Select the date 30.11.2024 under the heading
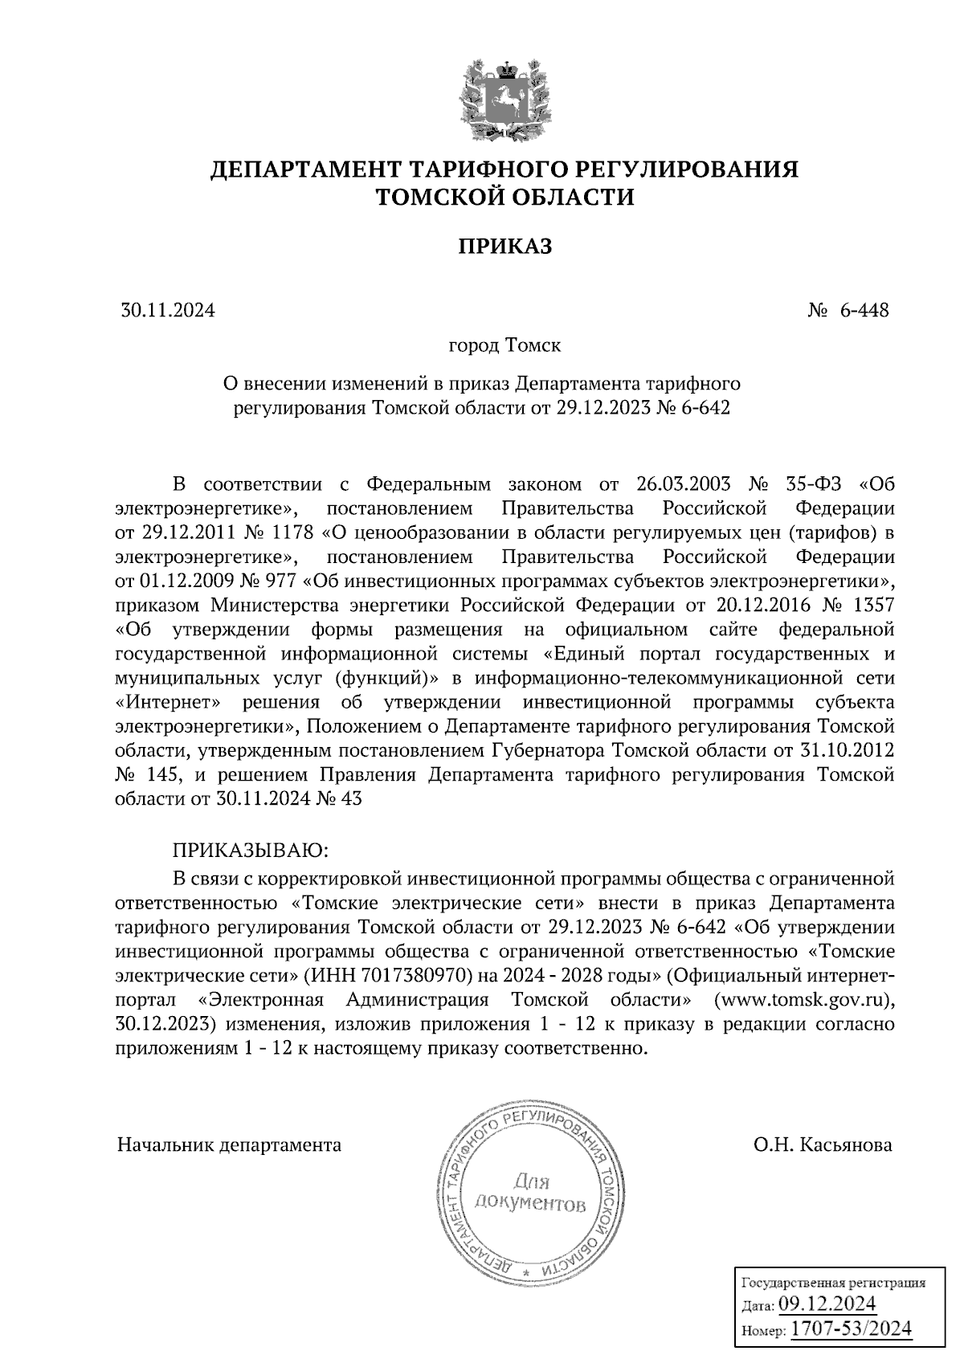pos(168,310)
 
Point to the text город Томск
pos(504,345)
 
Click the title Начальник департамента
pos(229,1145)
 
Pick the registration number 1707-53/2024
pos(852,1328)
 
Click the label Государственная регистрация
pos(831,1283)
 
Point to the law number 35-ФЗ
pos(812,484)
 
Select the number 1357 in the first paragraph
pos(871,603)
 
